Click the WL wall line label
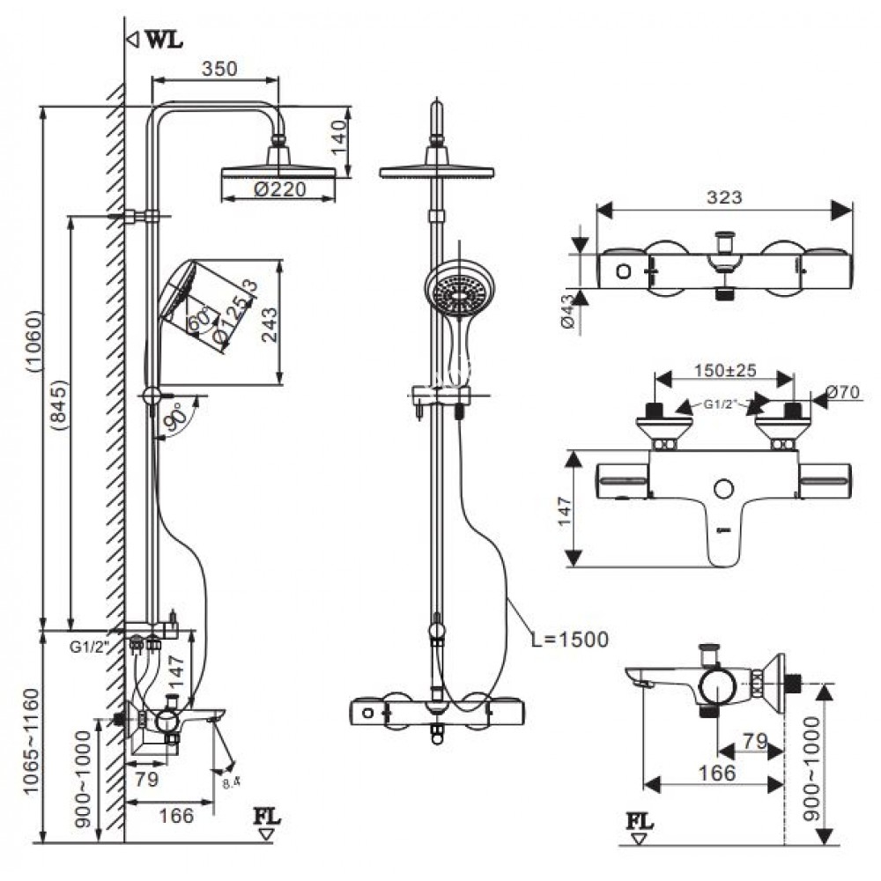[164, 41]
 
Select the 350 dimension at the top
[218, 69]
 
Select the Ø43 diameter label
[567, 311]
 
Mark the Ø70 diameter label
[846, 395]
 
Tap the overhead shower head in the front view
[436, 170]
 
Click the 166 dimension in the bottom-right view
[717, 773]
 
